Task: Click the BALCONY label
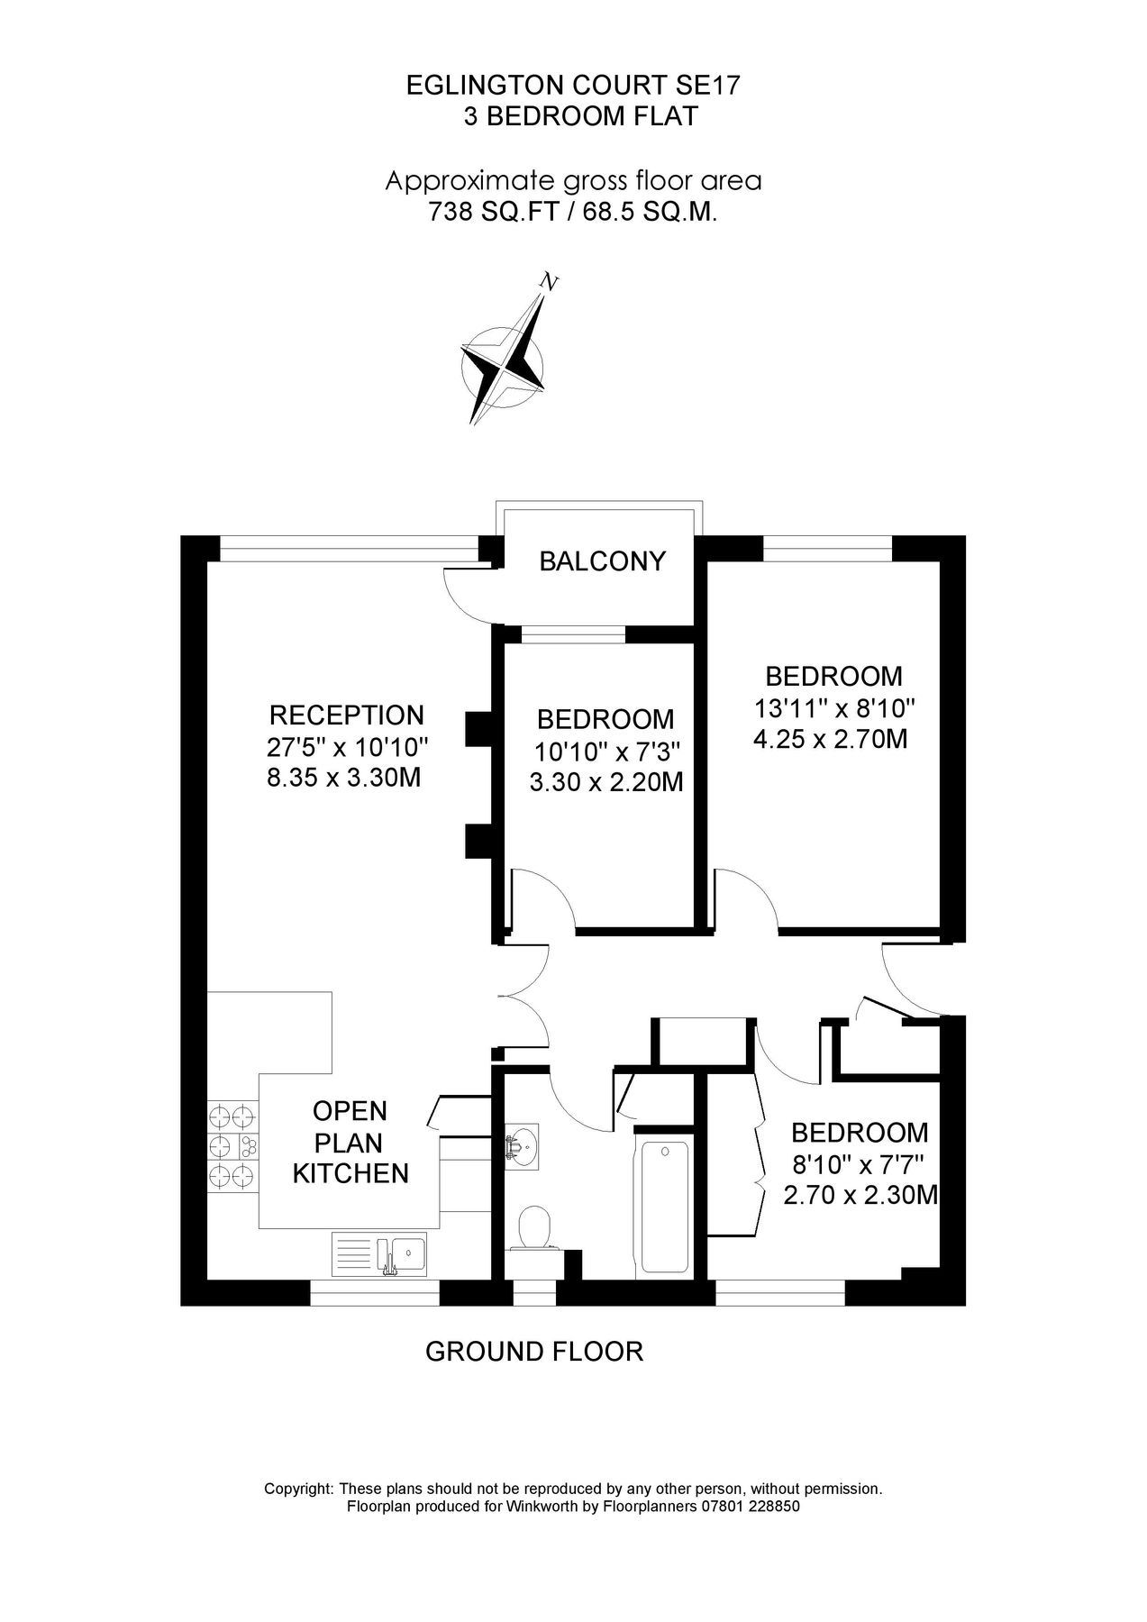602,561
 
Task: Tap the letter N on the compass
548,283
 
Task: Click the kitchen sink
383,1254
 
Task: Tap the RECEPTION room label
347,715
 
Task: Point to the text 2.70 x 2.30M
862,1195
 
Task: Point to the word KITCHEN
352,1173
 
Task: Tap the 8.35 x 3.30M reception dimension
344,778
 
